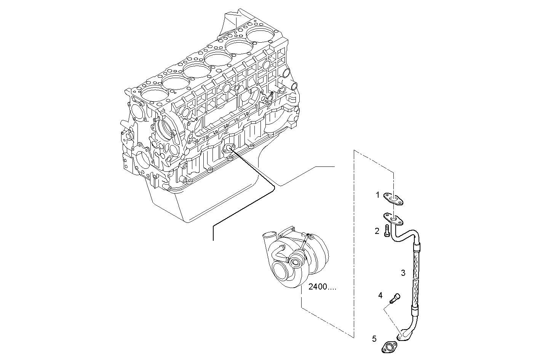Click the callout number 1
point(378,195)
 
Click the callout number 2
point(377,231)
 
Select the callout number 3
point(403,273)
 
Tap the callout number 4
point(380,295)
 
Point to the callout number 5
point(374,338)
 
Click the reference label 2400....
point(322,287)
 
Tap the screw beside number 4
point(395,298)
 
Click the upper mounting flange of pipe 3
point(393,220)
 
